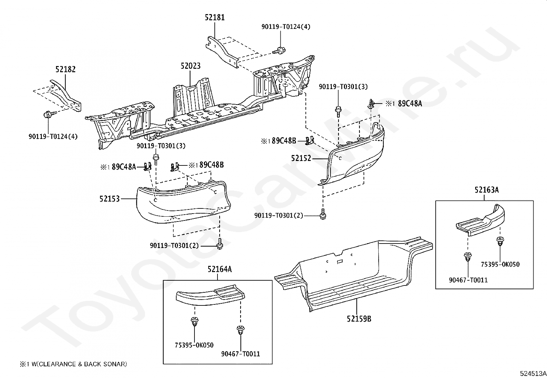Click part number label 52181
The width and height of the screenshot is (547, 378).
[x=215, y=17]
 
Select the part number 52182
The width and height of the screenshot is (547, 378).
[x=65, y=69]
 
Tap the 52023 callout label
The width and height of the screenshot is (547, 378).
[x=190, y=66]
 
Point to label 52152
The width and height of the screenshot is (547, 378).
[x=301, y=158]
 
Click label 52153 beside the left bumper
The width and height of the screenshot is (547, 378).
[x=110, y=199]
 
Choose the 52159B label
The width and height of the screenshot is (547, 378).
[x=359, y=319]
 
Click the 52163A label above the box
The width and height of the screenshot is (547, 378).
[x=487, y=190]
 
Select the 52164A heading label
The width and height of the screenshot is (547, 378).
[x=220, y=269]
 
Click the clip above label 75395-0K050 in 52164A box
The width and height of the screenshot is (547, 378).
[x=194, y=322]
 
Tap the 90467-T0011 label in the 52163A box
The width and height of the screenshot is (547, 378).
[x=468, y=280]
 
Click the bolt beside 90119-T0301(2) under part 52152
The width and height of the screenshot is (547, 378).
[x=323, y=215]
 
